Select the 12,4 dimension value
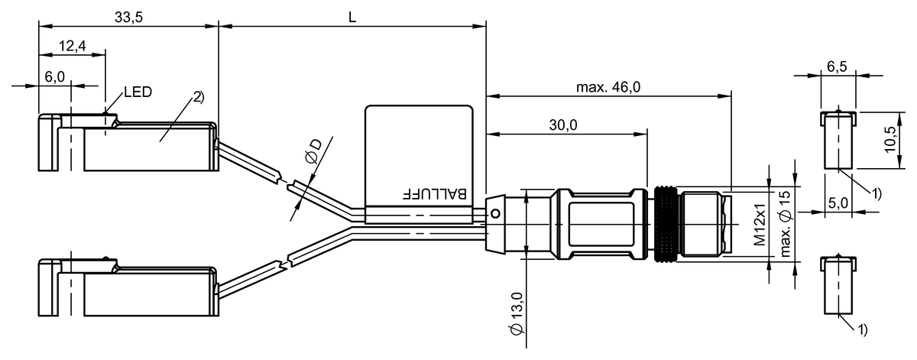point(71,47)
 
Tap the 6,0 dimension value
point(55,77)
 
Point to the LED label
point(138,92)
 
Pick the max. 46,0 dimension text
point(608,87)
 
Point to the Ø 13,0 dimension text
point(517,314)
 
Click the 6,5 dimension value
point(838,66)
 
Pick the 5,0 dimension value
point(839,204)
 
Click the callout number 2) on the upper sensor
point(198,97)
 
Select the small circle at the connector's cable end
point(495,213)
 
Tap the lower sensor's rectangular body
point(149,294)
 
